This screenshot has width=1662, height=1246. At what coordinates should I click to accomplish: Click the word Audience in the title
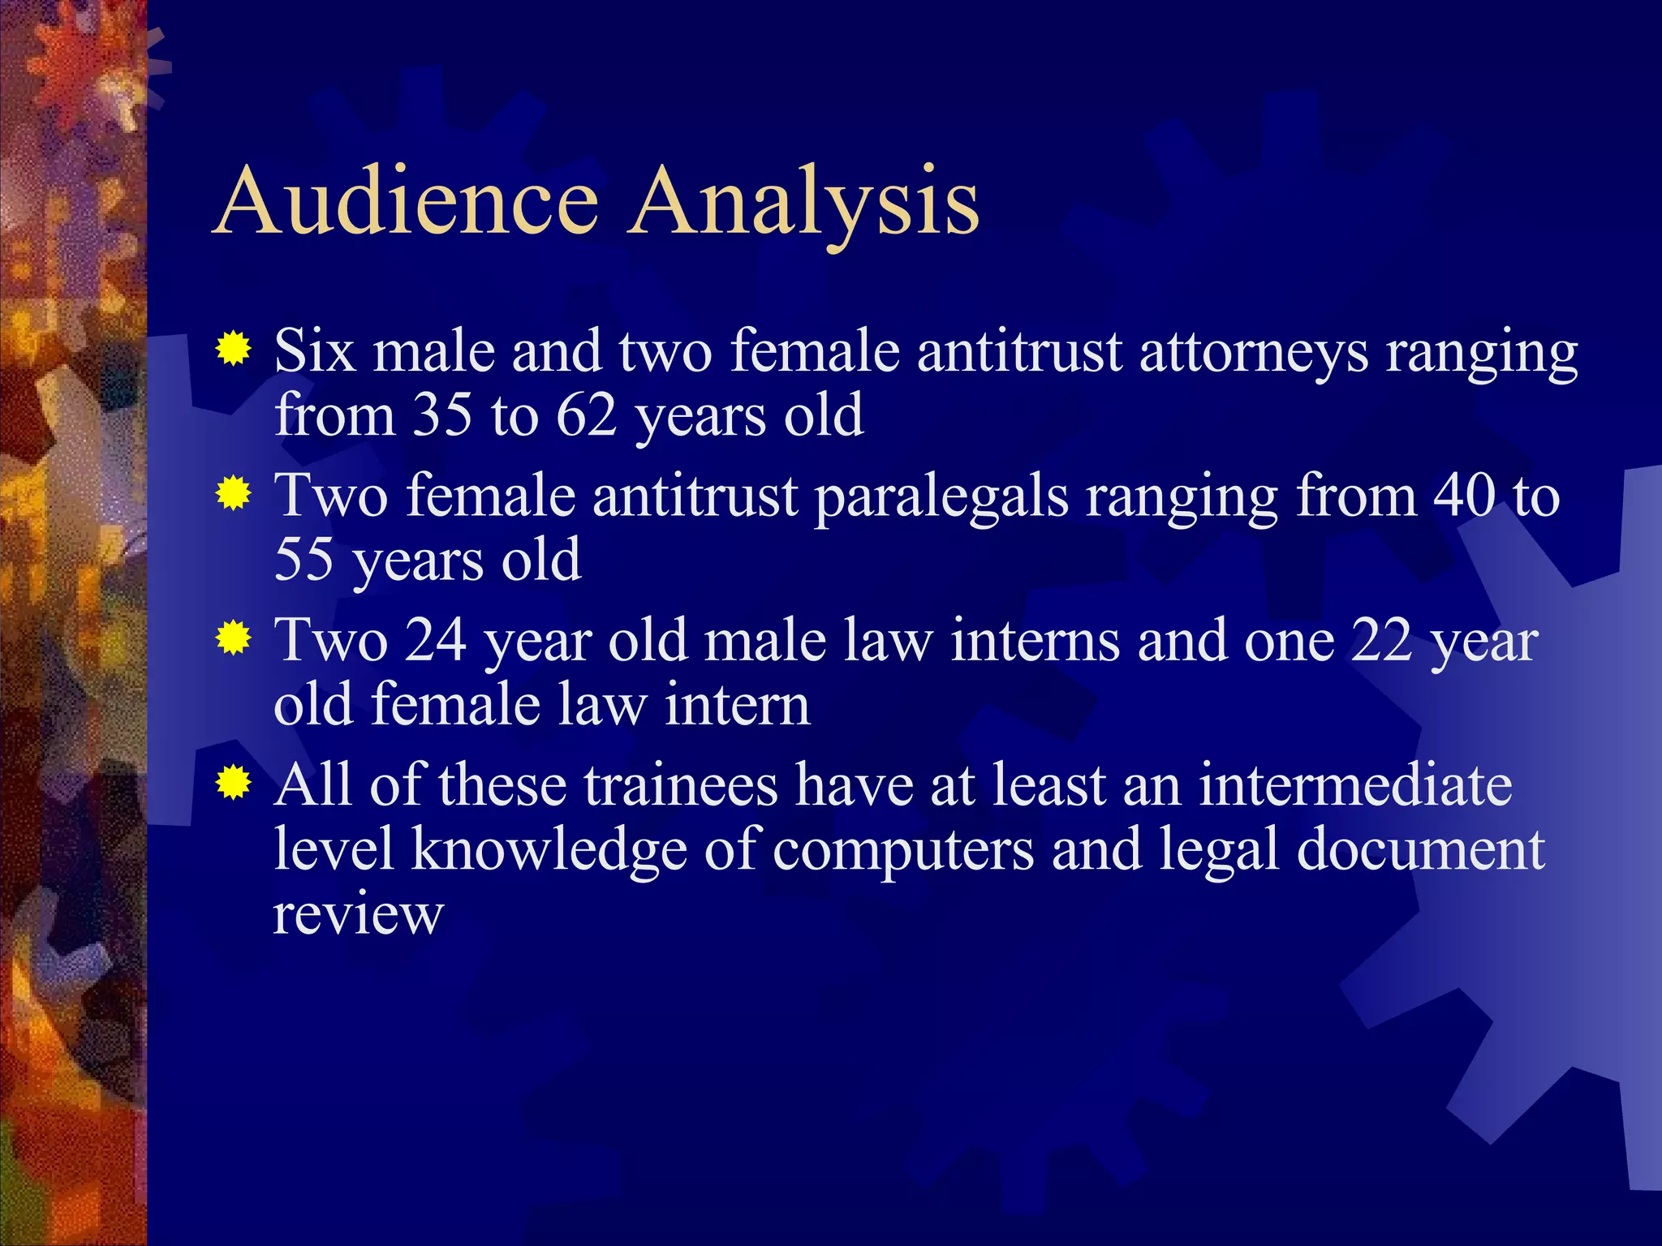408,200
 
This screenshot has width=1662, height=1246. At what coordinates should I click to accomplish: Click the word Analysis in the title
806,203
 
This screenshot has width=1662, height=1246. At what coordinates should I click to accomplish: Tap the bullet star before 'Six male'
233,350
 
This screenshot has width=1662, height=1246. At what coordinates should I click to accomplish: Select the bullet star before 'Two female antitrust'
233,494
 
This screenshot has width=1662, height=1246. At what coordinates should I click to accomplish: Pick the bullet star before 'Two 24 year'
233,638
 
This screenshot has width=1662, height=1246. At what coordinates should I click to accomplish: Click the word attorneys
1254,354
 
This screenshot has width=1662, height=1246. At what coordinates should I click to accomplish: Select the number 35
442,415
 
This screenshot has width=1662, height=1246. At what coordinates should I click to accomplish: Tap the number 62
587,415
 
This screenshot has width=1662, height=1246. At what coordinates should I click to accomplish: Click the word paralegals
941,497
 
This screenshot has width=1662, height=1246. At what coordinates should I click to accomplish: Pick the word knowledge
549,850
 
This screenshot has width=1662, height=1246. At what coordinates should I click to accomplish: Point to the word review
358,914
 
